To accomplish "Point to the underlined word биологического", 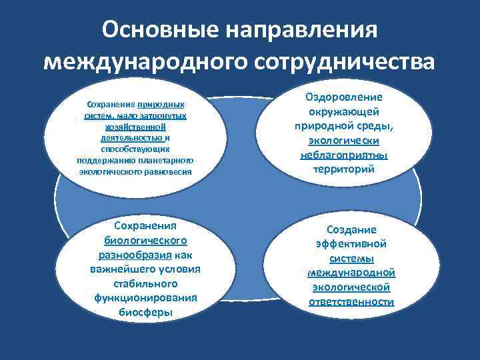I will pos(145,240).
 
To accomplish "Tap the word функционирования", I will pos(145,298).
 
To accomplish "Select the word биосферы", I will pos(145,313).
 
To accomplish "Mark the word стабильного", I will pos(145,283).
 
